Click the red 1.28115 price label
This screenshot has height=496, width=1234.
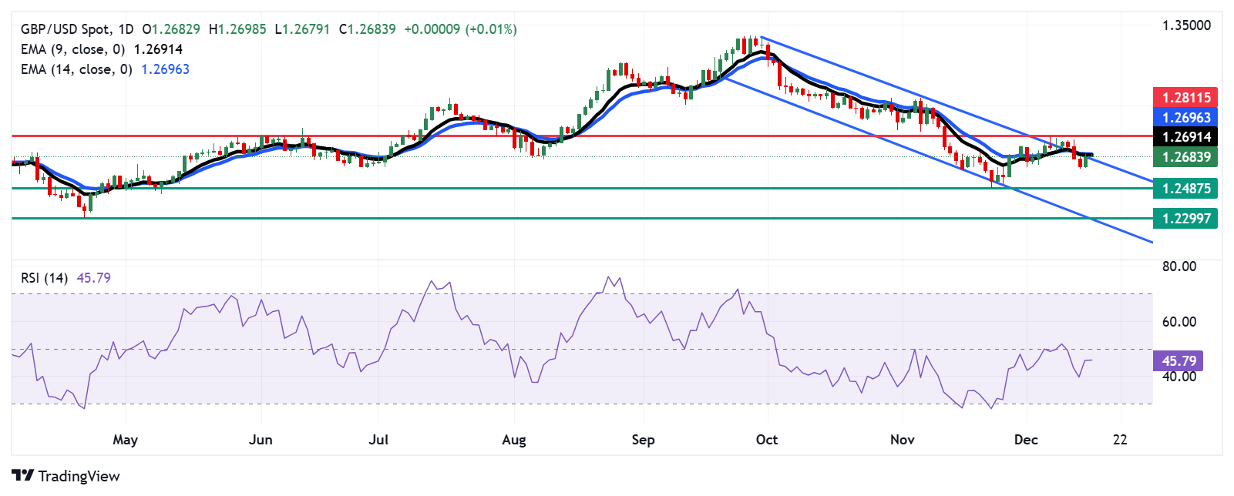[1185, 97]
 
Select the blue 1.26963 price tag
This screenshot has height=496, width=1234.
[1185, 117]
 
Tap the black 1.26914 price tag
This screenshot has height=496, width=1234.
[1185, 137]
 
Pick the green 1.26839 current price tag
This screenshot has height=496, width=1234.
[1185, 157]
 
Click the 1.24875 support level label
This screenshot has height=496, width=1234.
[1185, 188]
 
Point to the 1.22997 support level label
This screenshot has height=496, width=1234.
[1185, 218]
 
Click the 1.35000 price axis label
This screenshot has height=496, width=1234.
[1186, 25]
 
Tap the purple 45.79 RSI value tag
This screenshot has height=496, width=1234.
[1179, 360]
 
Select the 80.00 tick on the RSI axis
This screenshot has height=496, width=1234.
[1179, 266]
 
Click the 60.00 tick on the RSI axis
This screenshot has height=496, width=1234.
[1179, 321]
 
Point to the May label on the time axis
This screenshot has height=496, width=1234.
[125, 440]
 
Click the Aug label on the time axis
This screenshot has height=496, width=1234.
[514, 440]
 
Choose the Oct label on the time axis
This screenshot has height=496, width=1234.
[766, 440]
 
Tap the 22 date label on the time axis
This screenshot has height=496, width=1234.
[1120, 440]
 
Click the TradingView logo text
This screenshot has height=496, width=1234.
[79, 476]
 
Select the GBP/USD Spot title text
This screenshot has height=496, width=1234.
[65, 29]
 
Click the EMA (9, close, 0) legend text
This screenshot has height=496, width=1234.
[72, 49]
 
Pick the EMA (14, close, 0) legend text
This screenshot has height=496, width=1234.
[76, 69]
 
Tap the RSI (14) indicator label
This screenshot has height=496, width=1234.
[44, 278]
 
